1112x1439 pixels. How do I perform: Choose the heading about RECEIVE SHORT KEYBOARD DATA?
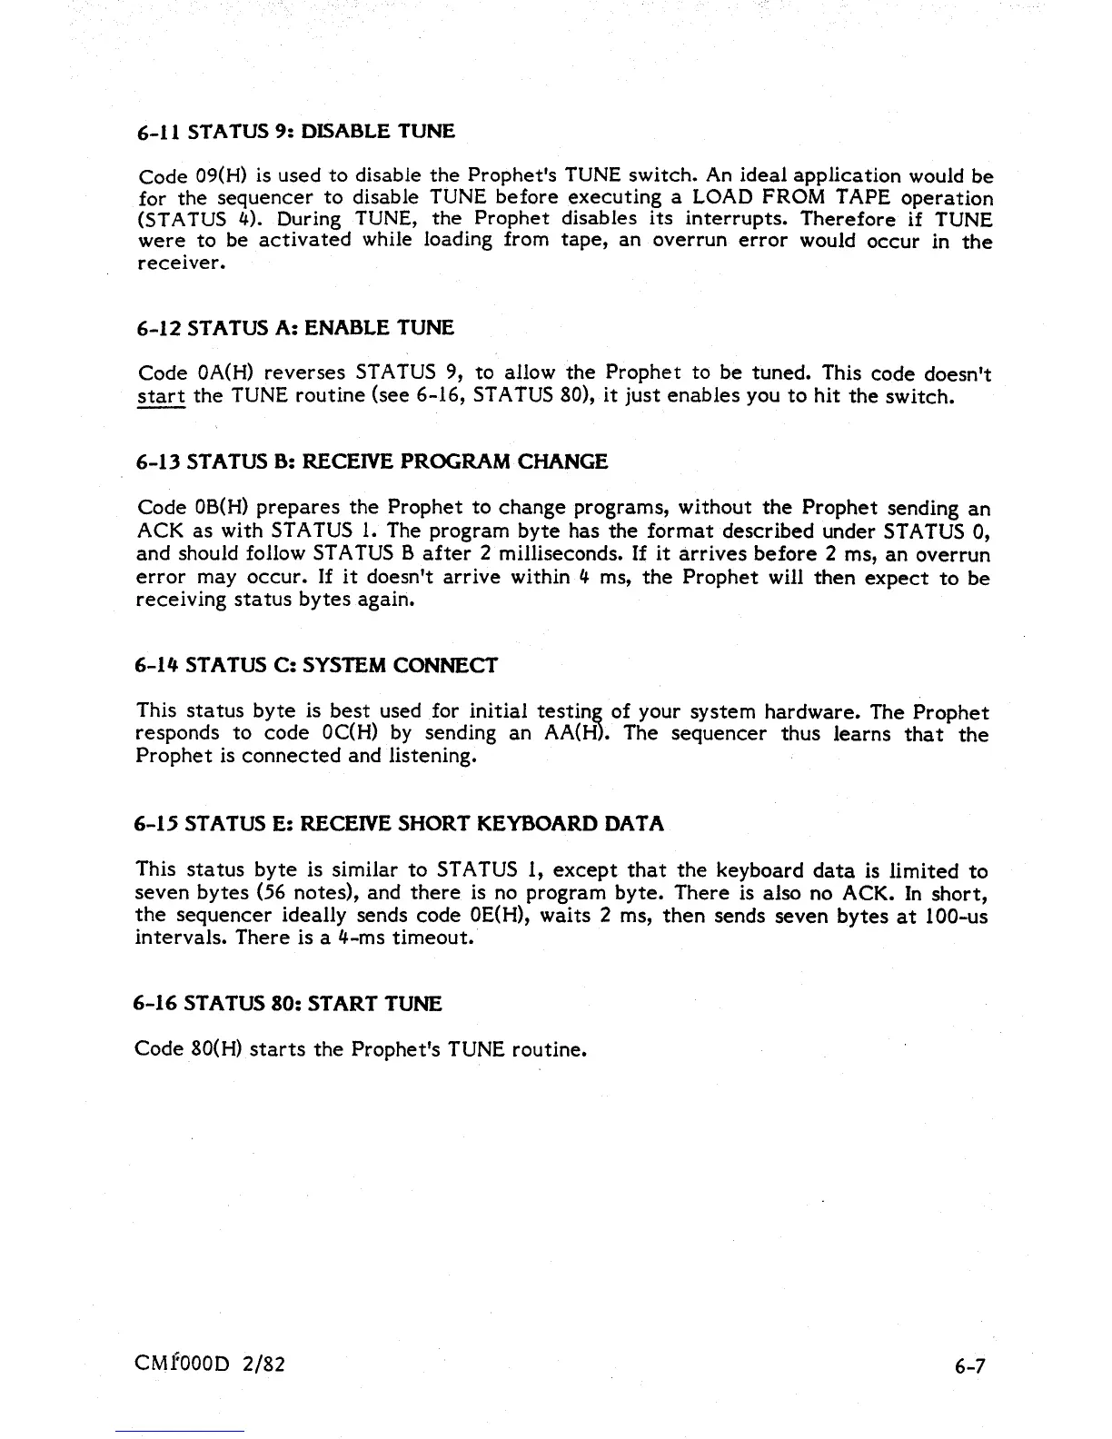(x=399, y=824)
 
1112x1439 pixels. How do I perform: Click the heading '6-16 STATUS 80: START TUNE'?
(x=287, y=1004)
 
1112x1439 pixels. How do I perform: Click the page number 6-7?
(x=968, y=1365)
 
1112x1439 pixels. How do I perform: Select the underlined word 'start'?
(x=161, y=397)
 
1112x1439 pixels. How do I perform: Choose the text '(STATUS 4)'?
(x=194, y=220)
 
